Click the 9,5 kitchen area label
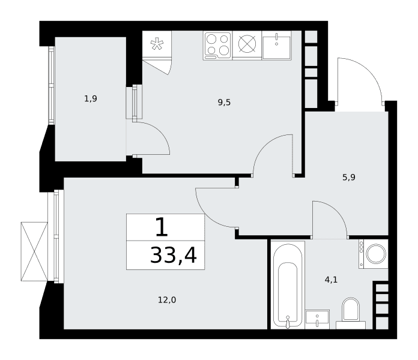224,102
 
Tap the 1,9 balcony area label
91,99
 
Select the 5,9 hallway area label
349,178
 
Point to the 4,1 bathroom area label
331,280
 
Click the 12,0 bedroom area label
167,300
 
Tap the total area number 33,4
174,255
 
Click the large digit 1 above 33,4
162,227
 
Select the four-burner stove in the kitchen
217,45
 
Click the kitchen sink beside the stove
276,45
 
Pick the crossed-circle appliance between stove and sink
247,44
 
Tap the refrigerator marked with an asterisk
157,44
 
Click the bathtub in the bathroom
288,285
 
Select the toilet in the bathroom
351,313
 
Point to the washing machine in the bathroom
373,254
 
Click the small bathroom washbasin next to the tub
317,319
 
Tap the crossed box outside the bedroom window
34,251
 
